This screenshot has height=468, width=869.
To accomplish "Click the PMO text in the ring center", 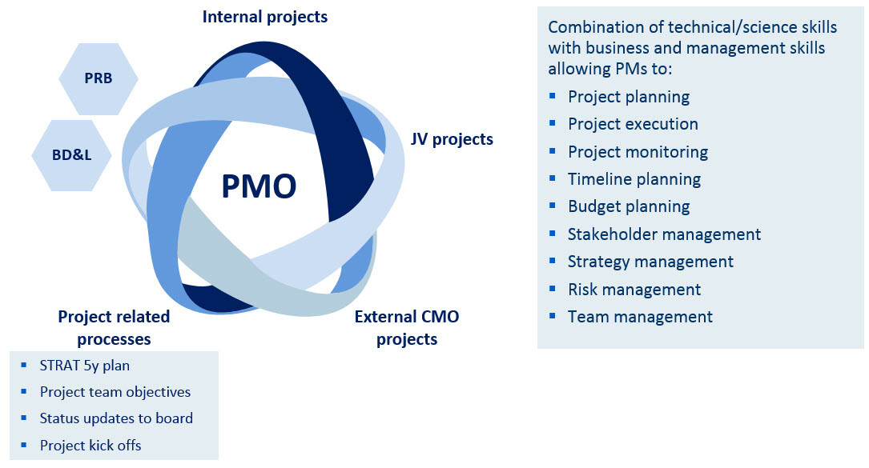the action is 259,186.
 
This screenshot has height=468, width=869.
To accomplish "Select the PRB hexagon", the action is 98,78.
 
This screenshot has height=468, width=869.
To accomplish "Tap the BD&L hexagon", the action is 71,155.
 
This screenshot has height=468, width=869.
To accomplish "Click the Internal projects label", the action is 265,17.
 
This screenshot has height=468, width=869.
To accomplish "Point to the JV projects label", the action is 452,139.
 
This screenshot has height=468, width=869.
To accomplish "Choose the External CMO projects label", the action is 407,328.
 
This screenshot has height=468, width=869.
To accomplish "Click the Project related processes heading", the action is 114,328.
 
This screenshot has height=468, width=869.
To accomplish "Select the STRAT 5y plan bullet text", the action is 85,366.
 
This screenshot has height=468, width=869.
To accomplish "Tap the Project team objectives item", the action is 115,392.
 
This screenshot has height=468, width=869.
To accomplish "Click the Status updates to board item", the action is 116,418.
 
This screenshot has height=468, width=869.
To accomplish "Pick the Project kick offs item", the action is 91,446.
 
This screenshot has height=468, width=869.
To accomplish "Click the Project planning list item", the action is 629,97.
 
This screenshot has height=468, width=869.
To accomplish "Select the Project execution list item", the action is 633,124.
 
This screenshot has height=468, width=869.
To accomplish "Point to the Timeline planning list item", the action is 634,179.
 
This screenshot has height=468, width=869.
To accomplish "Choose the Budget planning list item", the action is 629,206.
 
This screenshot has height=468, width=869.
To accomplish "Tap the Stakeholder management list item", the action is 665,234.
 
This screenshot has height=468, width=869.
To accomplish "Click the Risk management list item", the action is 634,290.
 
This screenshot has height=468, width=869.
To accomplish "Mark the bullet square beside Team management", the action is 552,316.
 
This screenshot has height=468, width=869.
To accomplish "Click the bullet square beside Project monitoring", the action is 552,150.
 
